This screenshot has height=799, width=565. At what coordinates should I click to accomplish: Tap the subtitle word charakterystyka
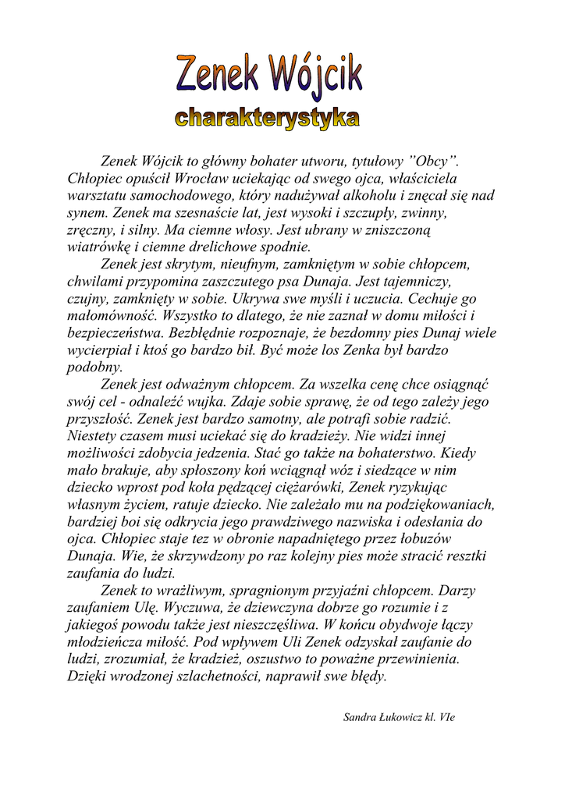[268, 119]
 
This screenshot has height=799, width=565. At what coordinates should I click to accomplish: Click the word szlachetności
[211, 676]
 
